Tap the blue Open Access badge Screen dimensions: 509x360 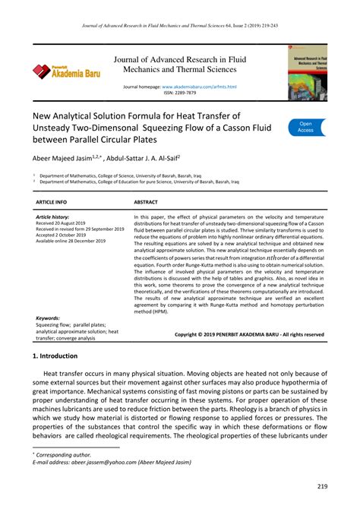click(x=306, y=127)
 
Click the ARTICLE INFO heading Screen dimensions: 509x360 click(x=52, y=203)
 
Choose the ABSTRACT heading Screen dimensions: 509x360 click(x=146, y=203)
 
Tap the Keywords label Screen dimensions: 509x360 click(x=48, y=318)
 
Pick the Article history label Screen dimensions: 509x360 click(x=52, y=217)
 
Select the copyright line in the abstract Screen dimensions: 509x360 click(x=248, y=334)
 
